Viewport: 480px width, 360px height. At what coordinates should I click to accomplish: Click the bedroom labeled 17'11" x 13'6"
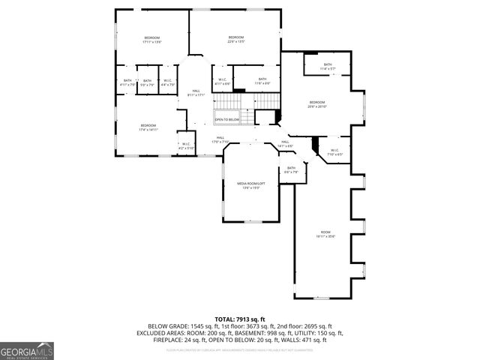(152, 40)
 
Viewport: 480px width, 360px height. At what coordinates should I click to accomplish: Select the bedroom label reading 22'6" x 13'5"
(236, 39)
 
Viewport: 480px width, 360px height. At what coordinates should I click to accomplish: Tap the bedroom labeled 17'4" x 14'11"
(148, 127)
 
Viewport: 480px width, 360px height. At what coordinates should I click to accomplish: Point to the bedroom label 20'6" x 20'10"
(316, 104)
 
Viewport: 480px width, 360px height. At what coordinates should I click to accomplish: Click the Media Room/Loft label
(250, 185)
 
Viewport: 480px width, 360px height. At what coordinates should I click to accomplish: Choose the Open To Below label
(226, 119)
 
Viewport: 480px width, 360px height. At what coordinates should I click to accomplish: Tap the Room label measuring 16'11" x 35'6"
(325, 235)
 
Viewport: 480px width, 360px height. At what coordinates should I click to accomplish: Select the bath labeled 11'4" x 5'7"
(328, 67)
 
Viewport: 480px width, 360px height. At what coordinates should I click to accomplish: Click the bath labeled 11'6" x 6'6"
(262, 81)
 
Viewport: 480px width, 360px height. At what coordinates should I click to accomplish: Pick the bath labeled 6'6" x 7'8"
(291, 170)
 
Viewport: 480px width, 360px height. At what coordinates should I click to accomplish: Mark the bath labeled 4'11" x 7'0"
(127, 82)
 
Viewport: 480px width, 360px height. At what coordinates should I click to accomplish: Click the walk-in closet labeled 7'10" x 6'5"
(335, 152)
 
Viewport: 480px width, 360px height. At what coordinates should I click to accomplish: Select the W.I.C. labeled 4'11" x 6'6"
(223, 81)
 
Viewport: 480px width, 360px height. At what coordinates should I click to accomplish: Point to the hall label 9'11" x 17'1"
(196, 93)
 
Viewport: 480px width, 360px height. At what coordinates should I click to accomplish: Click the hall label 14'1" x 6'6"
(285, 143)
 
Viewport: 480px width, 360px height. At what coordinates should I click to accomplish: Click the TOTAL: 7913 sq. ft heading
(240, 319)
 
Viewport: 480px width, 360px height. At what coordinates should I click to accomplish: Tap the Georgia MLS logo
(26, 351)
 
